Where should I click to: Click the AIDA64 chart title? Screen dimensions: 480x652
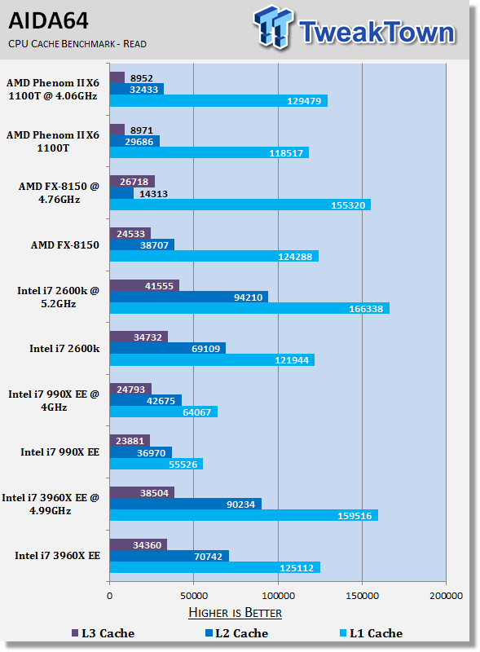48,20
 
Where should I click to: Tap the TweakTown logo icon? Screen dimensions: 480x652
273,26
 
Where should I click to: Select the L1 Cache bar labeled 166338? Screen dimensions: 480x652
249,309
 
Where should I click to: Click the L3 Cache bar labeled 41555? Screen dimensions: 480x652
144,286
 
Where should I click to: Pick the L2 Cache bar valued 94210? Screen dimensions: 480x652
189,297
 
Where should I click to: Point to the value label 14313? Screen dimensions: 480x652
153,194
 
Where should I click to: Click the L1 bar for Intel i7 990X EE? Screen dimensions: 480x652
156,464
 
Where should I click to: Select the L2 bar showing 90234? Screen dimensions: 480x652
186,504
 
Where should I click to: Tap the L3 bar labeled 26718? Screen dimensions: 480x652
132,182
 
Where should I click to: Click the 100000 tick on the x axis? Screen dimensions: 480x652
278,596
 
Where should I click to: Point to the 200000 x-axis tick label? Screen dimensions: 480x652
447,596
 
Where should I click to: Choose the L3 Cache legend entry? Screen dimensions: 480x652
103,633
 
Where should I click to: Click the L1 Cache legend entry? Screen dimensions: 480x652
372,633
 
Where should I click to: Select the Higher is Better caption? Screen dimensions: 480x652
235,613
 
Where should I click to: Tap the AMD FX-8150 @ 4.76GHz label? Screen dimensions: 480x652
59,193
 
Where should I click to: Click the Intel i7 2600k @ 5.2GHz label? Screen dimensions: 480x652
58,297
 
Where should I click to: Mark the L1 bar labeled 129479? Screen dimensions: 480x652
218,100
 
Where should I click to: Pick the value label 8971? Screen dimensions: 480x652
142,130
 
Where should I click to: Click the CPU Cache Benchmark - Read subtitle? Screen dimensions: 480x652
77,44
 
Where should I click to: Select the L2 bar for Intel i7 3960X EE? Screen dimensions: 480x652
170,556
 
